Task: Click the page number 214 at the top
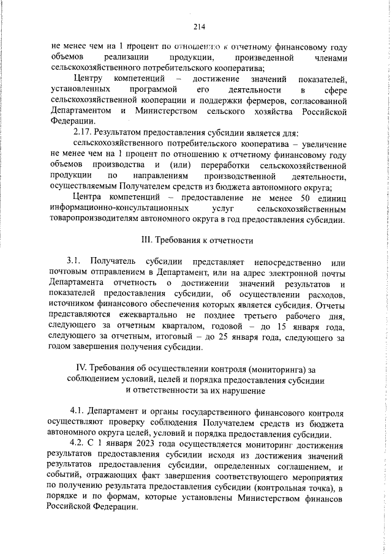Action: (x=198, y=26)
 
